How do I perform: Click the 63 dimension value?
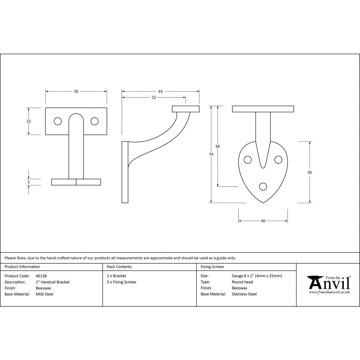point(161,91)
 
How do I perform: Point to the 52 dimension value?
point(154,98)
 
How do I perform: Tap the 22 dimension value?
point(29,121)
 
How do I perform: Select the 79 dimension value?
point(211,154)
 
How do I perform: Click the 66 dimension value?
point(217,147)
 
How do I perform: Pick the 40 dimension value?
point(263,221)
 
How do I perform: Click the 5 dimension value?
point(29,182)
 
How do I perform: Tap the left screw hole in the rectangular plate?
point(57,122)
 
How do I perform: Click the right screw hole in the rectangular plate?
point(94,122)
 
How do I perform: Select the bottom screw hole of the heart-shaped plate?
point(263,186)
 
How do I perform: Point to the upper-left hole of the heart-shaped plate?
point(248,159)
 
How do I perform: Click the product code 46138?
point(41,276)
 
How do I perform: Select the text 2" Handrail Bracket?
point(53,282)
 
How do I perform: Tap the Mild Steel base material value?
point(45,294)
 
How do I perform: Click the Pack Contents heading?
point(119,267)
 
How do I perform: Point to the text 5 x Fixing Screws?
point(122,282)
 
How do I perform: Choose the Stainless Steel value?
point(244,294)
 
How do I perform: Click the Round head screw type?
point(242,282)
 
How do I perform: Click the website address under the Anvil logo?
point(329,292)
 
